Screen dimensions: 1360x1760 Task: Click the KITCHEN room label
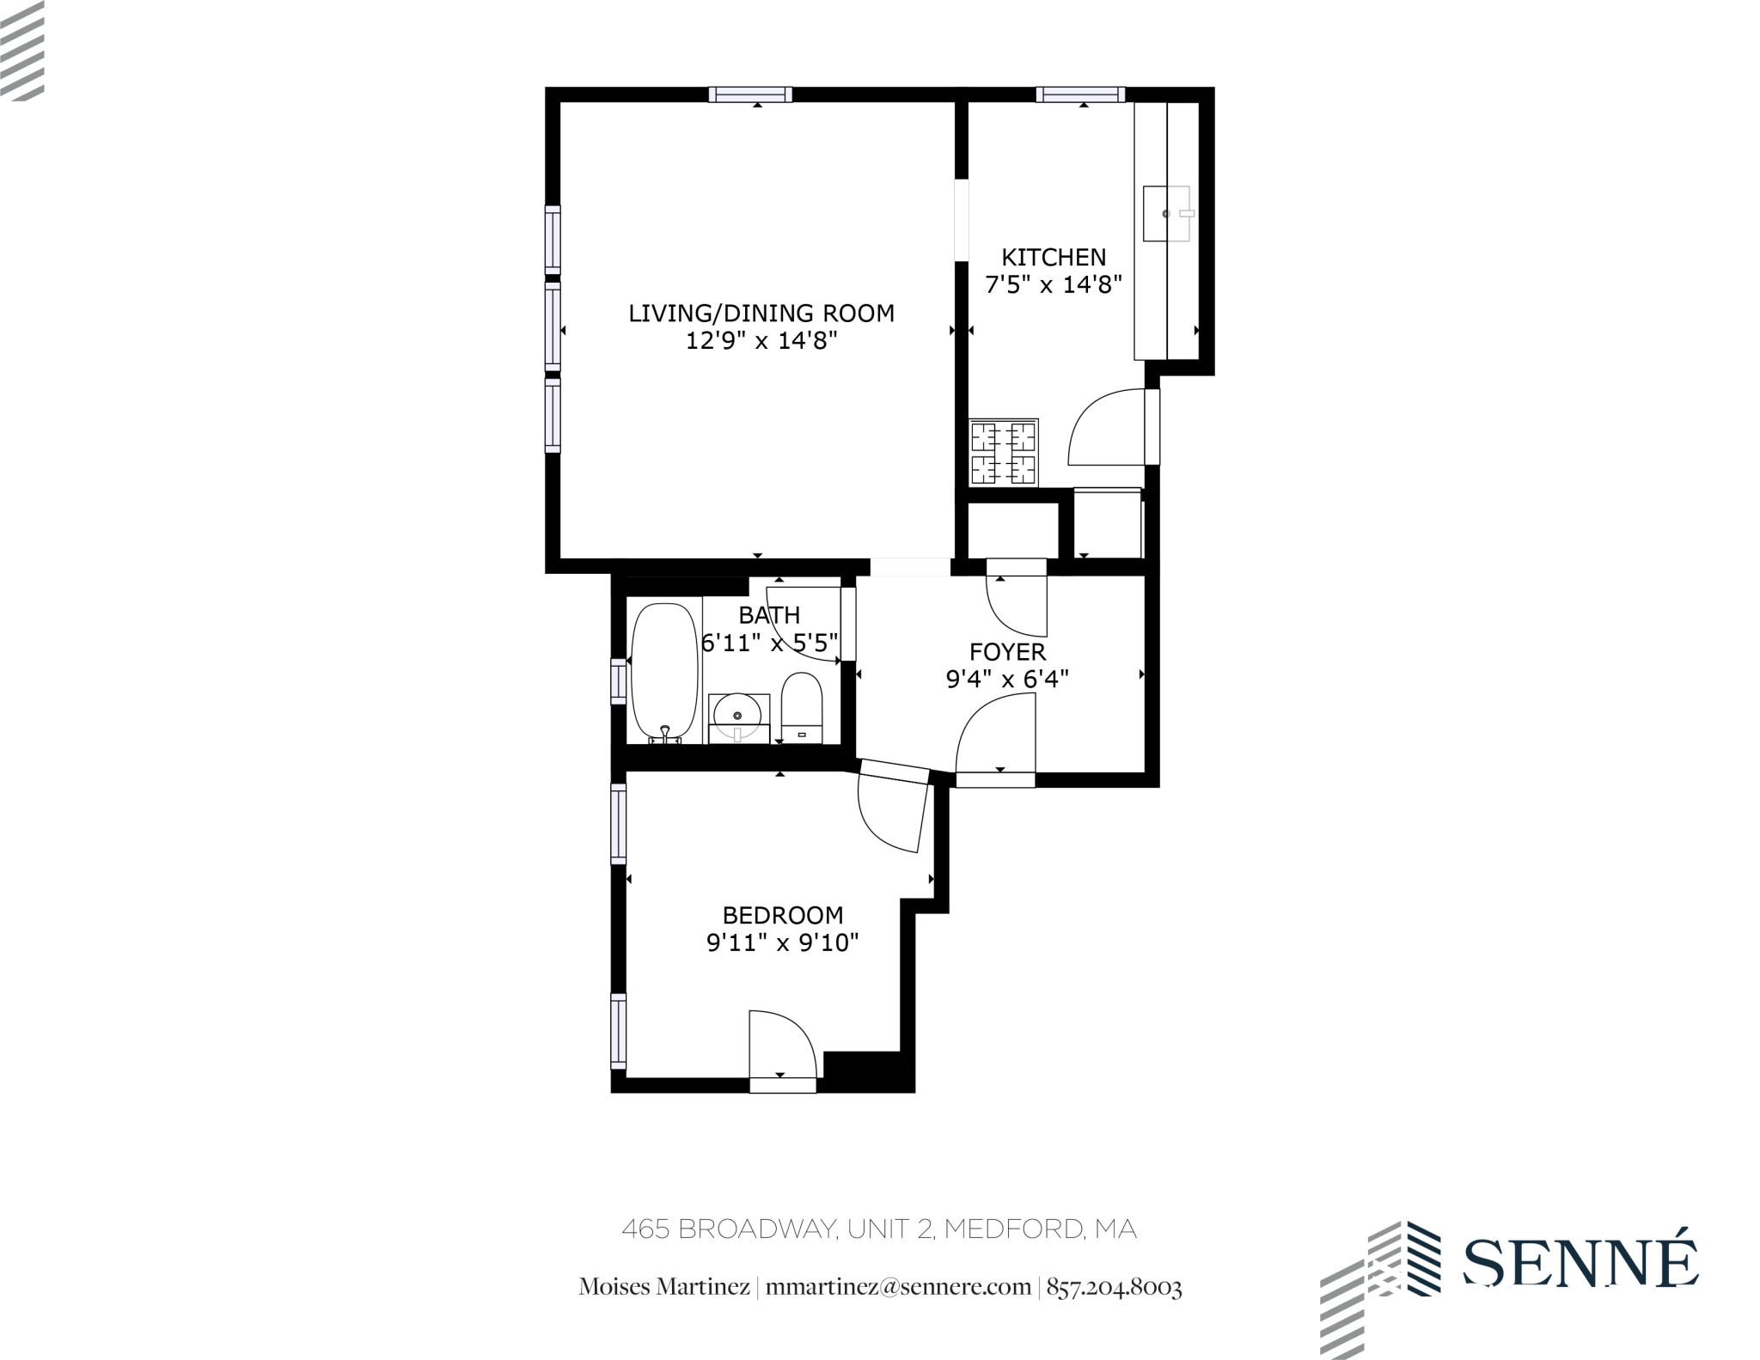tap(1054, 257)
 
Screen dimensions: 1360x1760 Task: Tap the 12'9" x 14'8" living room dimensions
tap(761, 341)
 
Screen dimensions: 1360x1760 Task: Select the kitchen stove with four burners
tap(1004, 452)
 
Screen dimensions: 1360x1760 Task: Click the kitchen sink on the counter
tap(1166, 213)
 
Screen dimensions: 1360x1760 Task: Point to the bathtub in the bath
tap(664, 672)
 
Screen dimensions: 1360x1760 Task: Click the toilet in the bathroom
tap(802, 707)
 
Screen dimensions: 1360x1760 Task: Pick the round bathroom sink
tap(737, 715)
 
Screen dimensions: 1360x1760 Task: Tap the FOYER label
tap(1007, 651)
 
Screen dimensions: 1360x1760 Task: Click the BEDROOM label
tap(782, 915)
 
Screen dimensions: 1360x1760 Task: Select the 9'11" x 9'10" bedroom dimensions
tap(782, 943)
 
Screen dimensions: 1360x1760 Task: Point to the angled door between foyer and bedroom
tap(894, 808)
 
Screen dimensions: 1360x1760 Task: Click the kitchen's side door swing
tap(1109, 427)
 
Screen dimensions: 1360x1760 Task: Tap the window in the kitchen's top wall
tap(1080, 95)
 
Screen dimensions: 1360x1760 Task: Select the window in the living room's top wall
tap(750, 95)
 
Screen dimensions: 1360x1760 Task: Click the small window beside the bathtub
tap(618, 680)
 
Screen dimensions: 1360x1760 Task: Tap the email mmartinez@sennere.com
tap(897, 1287)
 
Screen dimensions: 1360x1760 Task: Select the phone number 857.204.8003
tap(1114, 1287)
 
